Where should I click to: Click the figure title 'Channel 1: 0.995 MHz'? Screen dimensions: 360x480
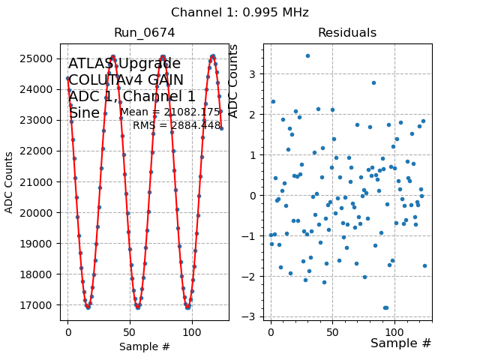click(239, 13)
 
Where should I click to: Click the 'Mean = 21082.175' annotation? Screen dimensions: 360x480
click(170, 112)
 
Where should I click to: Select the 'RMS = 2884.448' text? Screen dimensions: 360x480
click(177, 125)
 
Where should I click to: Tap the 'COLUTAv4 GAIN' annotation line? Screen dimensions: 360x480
click(126, 80)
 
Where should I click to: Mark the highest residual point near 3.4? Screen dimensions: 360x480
click(307, 55)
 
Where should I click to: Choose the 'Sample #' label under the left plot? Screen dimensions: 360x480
click(144, 346)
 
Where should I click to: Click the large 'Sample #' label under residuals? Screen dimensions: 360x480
click(400, 343)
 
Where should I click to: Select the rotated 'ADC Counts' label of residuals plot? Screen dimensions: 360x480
click(233, 81)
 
